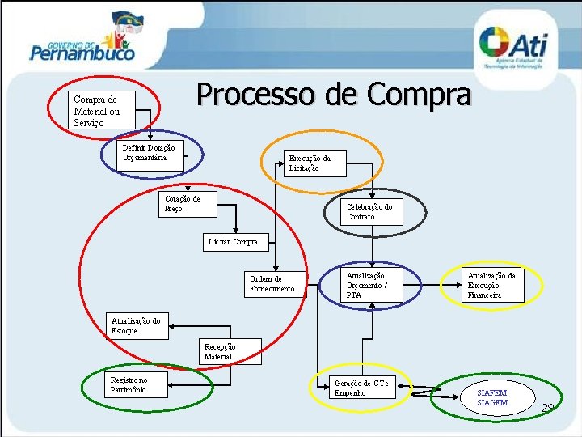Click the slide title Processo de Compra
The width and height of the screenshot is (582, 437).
(333, 95)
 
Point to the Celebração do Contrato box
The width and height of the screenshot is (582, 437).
(371, 211)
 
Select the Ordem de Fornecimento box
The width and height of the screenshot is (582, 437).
(276, 284)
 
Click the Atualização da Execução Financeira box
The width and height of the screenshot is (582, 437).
(492, 285)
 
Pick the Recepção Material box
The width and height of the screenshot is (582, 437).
(229, 351)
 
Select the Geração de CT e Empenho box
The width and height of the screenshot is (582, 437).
(363, 388)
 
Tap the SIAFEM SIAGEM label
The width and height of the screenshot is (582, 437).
(492, 397)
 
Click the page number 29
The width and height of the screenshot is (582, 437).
(548, 407)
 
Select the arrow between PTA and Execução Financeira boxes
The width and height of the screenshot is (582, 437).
(431, 285)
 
